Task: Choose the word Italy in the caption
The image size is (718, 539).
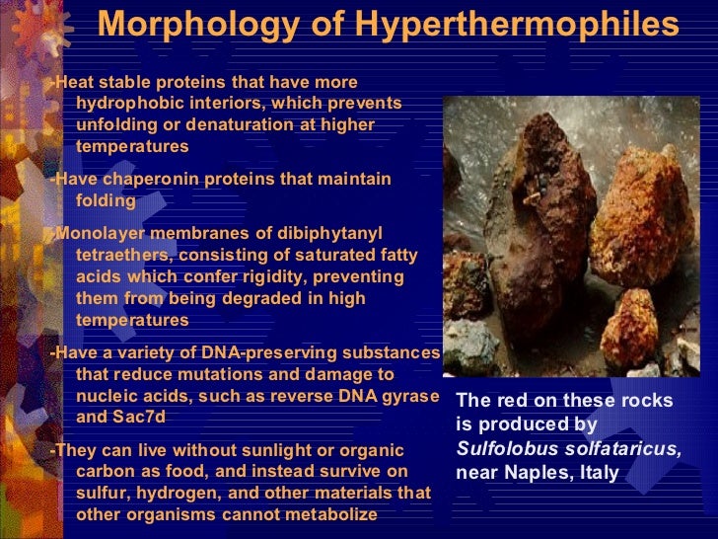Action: point(598,473)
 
